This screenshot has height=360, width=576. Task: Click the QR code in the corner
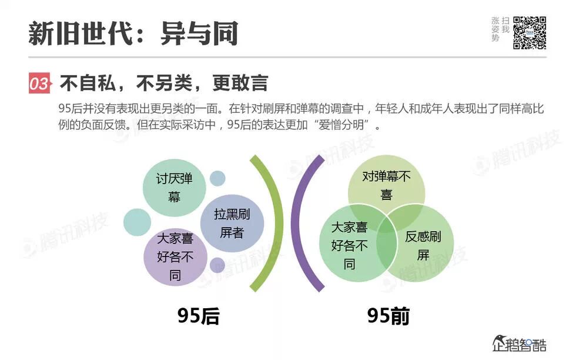pos(530,32)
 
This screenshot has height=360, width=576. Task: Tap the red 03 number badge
pos(39,84)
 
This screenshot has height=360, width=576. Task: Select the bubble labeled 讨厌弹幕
pos(174,187)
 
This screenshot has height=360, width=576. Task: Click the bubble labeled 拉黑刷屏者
pos(232,223)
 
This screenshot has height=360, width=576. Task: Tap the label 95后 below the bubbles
pos(198,316)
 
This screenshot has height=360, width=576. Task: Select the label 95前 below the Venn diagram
pos(389,316)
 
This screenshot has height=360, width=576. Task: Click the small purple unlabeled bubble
pos(217,265)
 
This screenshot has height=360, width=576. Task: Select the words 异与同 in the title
pos(199,34)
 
